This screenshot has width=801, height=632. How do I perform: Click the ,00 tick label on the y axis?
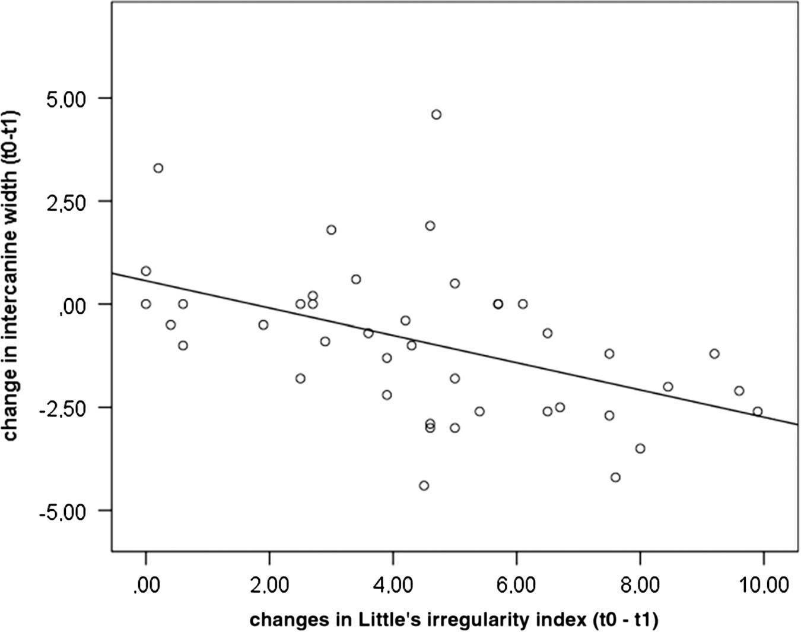click(76, 305)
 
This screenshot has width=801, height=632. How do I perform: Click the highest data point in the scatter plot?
click(436, 115)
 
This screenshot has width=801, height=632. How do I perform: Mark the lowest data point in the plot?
click(424, 485)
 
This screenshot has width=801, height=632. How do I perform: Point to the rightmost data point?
click(757, 411)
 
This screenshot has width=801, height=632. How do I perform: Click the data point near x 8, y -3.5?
click(640, 448)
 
